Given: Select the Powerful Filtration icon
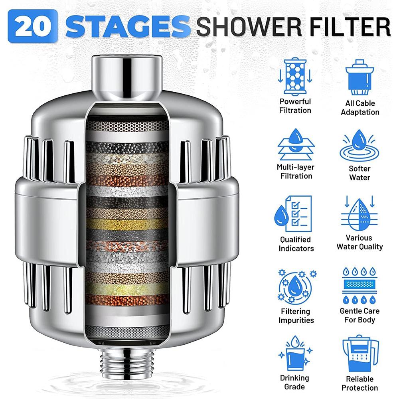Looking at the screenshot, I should pyautogui.click(x=295, y=76).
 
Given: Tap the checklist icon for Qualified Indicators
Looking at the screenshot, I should pyautogui.click(x=295, y=215).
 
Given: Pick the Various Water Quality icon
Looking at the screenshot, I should pyautogui.click(x=359, y=215).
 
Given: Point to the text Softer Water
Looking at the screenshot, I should pyautogui.click(x=360, y=173).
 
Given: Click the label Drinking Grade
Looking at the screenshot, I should pyautogui.click(x=294, y=382).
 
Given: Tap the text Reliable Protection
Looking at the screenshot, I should pyautogui.click(x=359, y=383).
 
